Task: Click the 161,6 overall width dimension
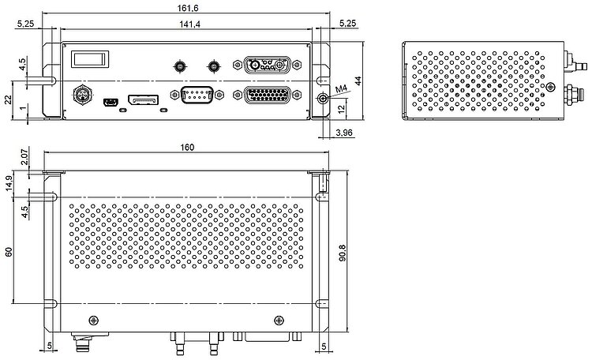tap(188, 8)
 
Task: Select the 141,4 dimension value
tap(190, 24)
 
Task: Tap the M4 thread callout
tap(341, 88)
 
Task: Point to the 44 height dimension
tap(358, 81)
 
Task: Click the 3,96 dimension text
tap(344, 133)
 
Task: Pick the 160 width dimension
tap(187, 147)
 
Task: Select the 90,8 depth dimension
tap(342, 253)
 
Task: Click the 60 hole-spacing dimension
tap(9, 251)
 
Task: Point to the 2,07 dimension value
tap(24, 157)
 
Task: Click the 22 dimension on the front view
tap(9, 99)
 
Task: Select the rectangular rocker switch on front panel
tap(90, 59)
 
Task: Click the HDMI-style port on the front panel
tap(144, 100)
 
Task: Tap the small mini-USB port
tap(111, 102)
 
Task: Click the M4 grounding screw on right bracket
tap(323, 99)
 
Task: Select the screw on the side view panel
tap(551, 87)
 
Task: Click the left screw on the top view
tap(94, 321)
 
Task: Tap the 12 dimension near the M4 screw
tap(341, 109)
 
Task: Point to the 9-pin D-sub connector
tap(197, 94)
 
